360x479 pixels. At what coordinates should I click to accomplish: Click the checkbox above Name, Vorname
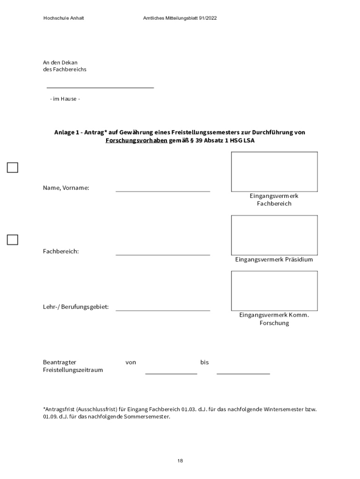(12, 167)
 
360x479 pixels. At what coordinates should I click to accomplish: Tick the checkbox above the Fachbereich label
(12, 240)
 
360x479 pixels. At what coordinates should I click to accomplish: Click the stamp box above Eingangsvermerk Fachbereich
(274, 172)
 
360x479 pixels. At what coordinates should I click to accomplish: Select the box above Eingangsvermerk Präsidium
(274, 235)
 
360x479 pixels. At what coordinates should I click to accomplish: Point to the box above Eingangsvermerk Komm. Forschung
(274, 290)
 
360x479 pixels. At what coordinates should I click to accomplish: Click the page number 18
(180, 461)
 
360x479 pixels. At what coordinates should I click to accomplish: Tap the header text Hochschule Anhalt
(64, 18)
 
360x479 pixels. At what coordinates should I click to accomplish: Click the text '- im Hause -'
(65, 99)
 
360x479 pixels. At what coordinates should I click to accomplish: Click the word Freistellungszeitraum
(73, 370)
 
